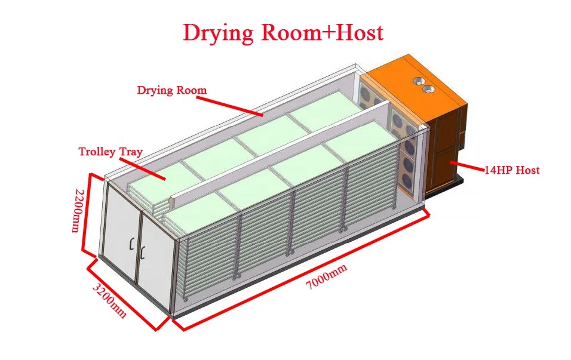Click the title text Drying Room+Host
283,33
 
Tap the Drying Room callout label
172,91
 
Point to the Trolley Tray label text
110,152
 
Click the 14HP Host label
512,170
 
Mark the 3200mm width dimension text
110,300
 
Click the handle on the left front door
131,245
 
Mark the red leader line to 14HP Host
467,165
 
